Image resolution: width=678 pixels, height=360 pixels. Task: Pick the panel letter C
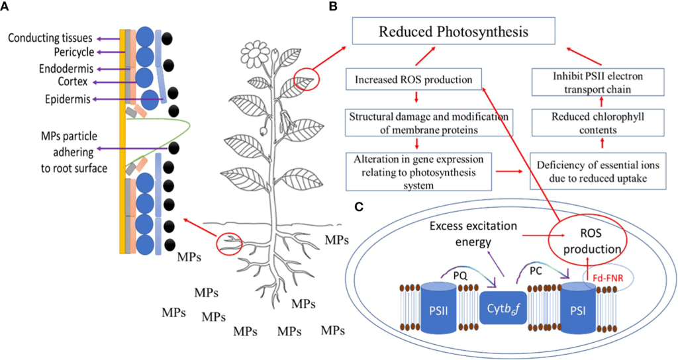[x=358, y=206]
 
